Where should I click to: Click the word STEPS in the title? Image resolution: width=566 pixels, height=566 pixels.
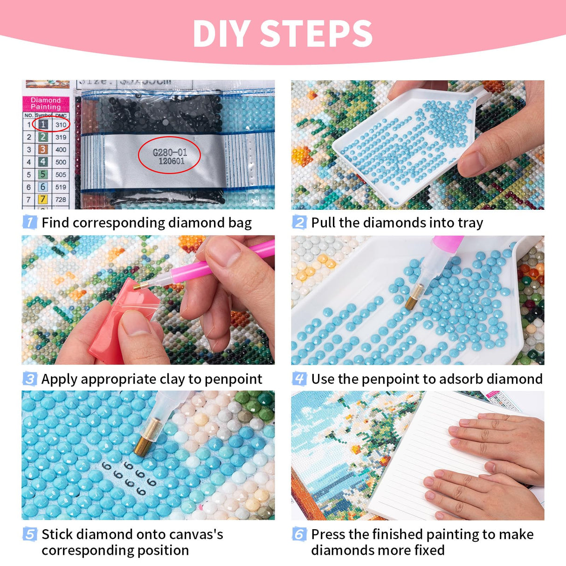316,34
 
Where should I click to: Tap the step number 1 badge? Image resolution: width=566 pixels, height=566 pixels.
29,222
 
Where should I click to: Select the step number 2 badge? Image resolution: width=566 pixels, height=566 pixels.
299,222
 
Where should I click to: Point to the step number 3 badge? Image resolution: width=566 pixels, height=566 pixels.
29,379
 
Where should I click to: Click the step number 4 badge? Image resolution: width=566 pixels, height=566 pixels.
299,379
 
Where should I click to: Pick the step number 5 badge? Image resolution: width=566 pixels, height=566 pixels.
29,534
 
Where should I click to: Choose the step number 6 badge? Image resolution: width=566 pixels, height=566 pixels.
299,534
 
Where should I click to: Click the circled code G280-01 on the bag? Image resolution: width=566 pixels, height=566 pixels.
170,152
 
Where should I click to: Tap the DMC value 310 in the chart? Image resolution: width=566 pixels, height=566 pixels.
61,124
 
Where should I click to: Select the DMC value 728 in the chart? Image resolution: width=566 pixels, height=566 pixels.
61,200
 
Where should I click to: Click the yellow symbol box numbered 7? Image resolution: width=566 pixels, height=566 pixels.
43,200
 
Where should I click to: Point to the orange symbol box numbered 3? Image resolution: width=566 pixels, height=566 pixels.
43,149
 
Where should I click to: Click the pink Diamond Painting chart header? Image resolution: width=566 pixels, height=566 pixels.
46,104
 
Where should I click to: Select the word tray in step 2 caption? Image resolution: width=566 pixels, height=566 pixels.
470,223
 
